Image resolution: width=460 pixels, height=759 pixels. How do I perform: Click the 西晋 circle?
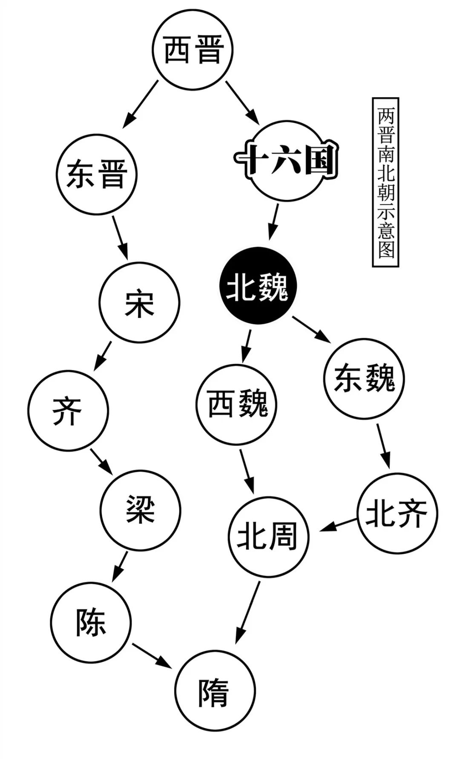(193, 49)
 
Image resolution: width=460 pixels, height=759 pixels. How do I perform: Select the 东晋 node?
(97, 174)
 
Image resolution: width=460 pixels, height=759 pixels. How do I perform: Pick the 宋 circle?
(140, 302)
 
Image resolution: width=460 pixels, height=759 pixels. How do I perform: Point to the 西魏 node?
(237, 405)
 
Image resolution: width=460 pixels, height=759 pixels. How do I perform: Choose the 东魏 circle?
(364, 379)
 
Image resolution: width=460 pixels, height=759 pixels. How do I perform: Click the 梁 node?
(141, 510)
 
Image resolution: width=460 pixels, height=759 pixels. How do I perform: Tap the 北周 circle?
(268, 537)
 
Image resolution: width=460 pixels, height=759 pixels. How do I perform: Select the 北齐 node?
(397, 514)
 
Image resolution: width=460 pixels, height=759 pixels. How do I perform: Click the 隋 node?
(215, 690)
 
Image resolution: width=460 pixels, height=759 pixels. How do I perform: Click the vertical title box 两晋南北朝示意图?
(385, 182)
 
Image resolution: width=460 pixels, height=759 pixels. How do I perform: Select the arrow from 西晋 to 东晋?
(140, 104)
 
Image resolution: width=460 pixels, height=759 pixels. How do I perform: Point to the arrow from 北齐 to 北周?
(339, 524)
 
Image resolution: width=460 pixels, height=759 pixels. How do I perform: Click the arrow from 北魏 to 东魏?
(311, 329)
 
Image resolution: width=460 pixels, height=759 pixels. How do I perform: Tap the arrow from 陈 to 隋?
(152, 655)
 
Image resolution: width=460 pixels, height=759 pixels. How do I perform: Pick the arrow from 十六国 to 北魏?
(274, 222)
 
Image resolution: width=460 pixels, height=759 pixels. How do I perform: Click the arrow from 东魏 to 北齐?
(383, 445)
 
